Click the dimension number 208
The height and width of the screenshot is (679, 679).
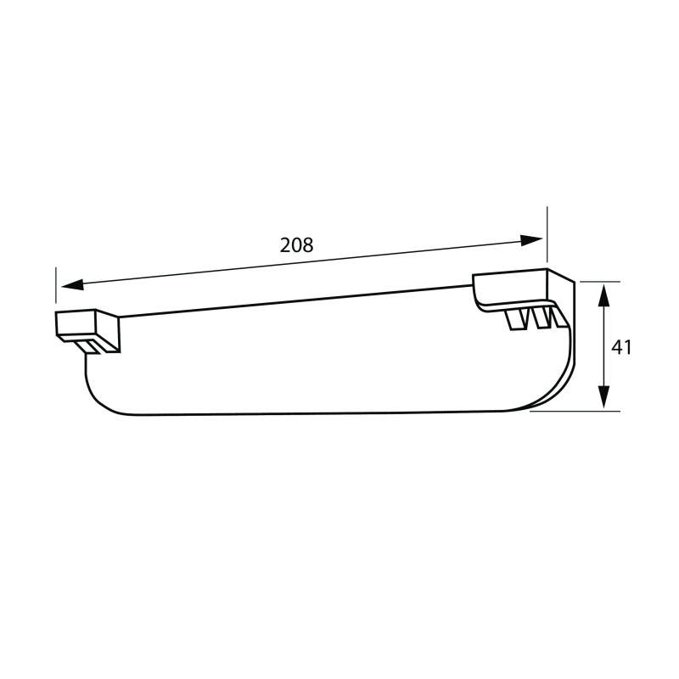coord(296,245)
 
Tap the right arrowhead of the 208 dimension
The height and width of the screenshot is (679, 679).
coord(532,239)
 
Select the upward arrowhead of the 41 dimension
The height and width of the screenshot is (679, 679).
coord(603,294)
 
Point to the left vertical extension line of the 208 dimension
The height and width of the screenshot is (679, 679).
coord(56,285)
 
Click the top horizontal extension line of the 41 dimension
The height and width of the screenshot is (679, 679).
coord(599,281)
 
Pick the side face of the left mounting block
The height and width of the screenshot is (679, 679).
coord(109,332)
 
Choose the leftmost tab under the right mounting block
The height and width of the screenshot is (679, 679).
coord(516,320)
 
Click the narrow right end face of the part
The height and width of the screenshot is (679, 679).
coord(570,339)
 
